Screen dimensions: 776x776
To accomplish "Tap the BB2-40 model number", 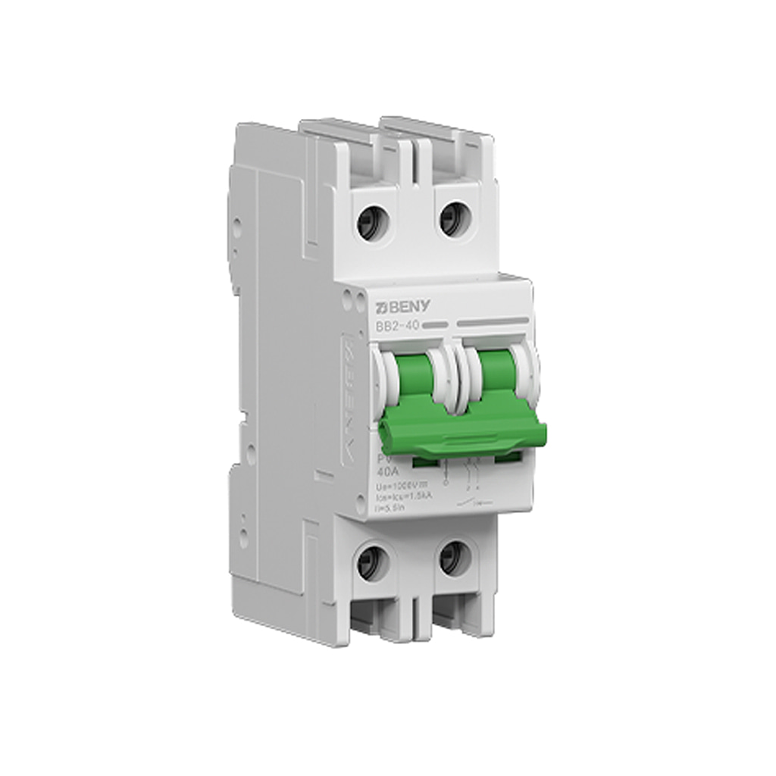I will [x=398, y=325].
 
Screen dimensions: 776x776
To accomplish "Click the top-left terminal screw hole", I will [x=371, y=224].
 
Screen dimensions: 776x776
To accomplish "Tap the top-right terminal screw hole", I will [x=455, y=217].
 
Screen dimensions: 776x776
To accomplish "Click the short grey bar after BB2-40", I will [x=434, y=324].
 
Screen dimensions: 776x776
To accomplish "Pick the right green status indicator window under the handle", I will [x=508, y=457].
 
